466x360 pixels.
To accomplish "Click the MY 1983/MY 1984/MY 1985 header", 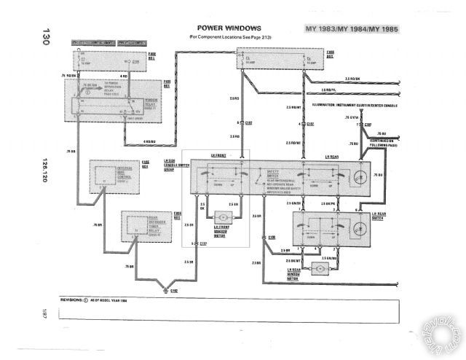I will [352, 29].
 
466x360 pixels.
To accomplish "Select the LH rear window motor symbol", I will [319, 268].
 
